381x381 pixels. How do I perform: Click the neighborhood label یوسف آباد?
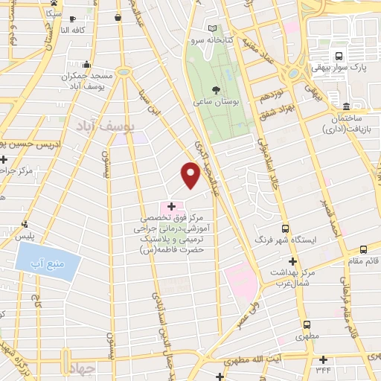pyautogui.click(x=103, y=128)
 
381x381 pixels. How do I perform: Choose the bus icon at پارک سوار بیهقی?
pyautogui.click(x=339, y=57)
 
